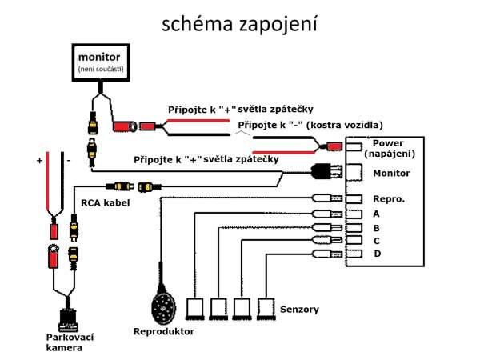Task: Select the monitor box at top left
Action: (98, 64)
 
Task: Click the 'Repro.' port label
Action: (387, 197)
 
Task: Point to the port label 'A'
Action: (376, 214)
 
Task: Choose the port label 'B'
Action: (376, 227)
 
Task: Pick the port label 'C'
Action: (376, 241)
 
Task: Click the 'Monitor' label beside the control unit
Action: (390, 173)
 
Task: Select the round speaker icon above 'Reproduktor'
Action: (165, 305)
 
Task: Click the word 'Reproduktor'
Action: (164, 330)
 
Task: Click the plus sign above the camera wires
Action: (38, 161)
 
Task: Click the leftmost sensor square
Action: (195, 307)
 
